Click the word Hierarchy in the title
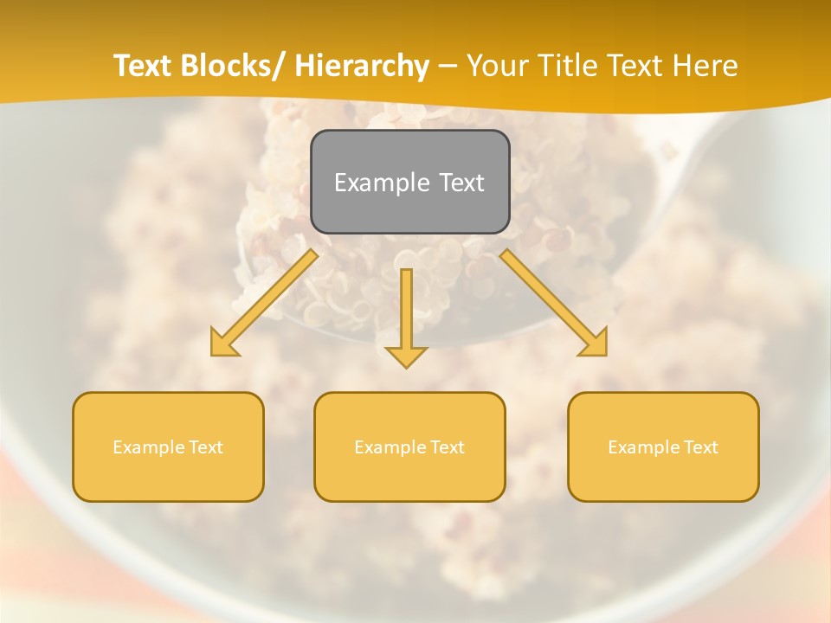pos(362,67)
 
